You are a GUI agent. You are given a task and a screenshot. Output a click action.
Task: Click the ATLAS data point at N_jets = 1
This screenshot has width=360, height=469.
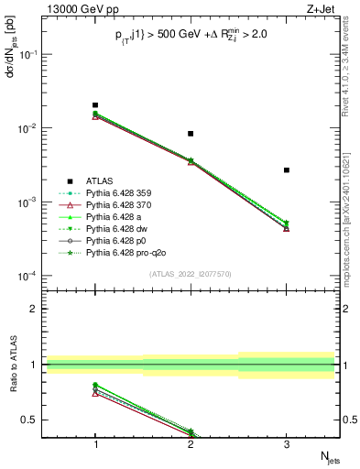point(95,105)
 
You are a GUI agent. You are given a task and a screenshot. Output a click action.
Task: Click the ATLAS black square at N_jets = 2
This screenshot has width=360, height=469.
point(191,134)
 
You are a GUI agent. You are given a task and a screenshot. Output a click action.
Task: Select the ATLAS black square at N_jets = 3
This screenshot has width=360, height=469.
point(287,170)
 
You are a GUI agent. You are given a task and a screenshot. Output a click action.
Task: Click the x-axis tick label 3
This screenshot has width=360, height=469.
point(287,442)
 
